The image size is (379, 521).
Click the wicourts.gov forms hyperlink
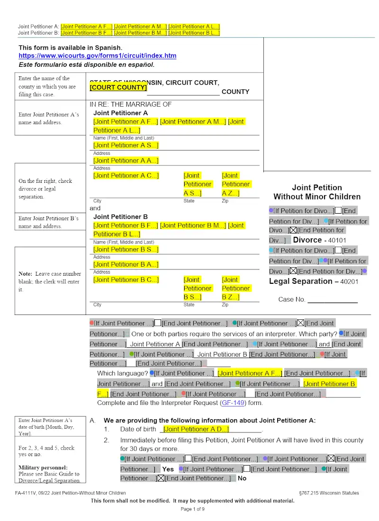coord(97,56)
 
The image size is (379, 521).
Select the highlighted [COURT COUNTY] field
coord(118,88)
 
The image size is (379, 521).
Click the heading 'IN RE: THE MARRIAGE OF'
coord(130,104)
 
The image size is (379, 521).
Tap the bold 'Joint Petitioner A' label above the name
coord(120,113)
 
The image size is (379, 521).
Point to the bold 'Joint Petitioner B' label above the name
coord(120,217)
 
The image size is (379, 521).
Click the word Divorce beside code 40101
coord(307,240)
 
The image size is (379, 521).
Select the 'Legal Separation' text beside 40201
coord(300,281)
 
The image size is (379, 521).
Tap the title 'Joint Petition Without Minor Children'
coord(317,192)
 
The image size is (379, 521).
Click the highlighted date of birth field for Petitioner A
coord(196,429)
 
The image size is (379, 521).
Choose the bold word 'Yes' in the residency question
coord(168,469)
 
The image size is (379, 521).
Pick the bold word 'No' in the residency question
coord(242,478)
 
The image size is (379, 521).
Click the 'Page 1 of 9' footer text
coord(193,509)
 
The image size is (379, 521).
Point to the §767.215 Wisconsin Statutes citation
coord(329,493)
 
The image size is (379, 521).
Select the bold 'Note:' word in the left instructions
coord(26,274)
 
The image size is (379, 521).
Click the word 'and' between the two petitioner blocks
coord(95,208)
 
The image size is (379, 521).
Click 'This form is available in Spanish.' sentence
coord(70,48)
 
